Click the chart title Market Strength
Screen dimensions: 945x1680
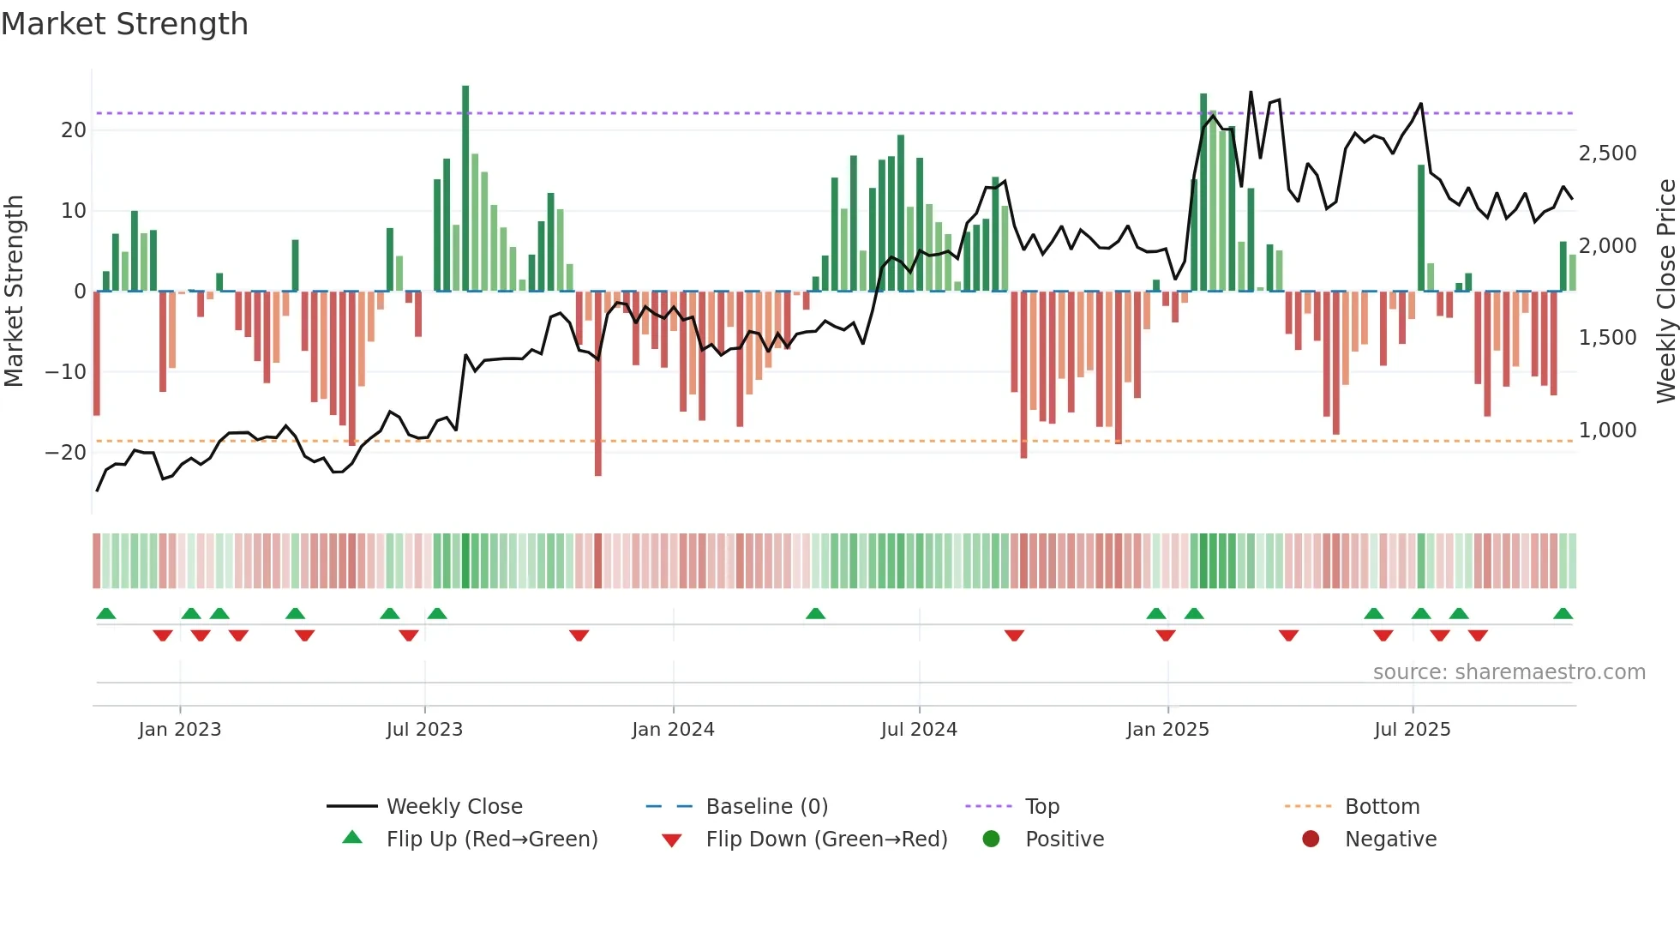point(124,24)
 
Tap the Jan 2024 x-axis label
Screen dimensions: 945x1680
point(673,729)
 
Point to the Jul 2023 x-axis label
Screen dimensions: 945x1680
point(424,729)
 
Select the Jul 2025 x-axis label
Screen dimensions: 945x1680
point(1412,729)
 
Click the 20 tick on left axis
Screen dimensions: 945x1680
point(74,130)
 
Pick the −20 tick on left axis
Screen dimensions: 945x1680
point(66,453)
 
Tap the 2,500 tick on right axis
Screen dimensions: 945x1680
point(1607,153)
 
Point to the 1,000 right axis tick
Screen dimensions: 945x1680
point(1607,430)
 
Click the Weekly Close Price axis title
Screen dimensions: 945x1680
point(1665,292)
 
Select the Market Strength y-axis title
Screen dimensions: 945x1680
point(14,292)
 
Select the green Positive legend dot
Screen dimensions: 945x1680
point(992,840)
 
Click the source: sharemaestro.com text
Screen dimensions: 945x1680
point(1509,672)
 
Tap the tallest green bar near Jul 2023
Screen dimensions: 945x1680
point(465,189)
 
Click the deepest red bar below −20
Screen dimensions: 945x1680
point(598,386)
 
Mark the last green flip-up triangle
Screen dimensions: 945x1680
point(1563,614)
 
